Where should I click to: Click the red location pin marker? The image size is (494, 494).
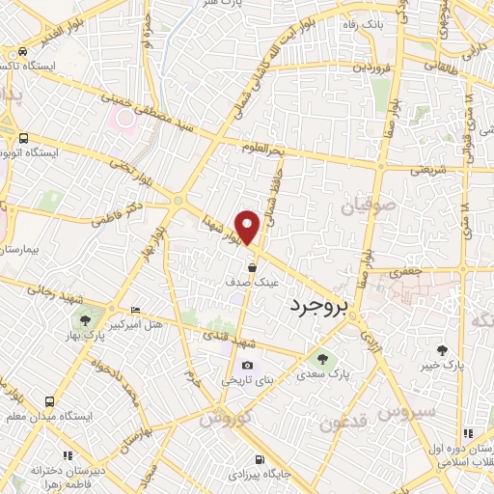249,225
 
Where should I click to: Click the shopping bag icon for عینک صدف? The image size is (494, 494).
252,268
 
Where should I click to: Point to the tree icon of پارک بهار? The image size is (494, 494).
86,318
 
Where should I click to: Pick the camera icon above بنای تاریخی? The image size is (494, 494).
248,365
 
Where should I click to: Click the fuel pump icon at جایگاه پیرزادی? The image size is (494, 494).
258,459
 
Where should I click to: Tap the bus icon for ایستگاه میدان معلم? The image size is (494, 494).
47,400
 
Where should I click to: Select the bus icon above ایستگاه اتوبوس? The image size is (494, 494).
22,138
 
